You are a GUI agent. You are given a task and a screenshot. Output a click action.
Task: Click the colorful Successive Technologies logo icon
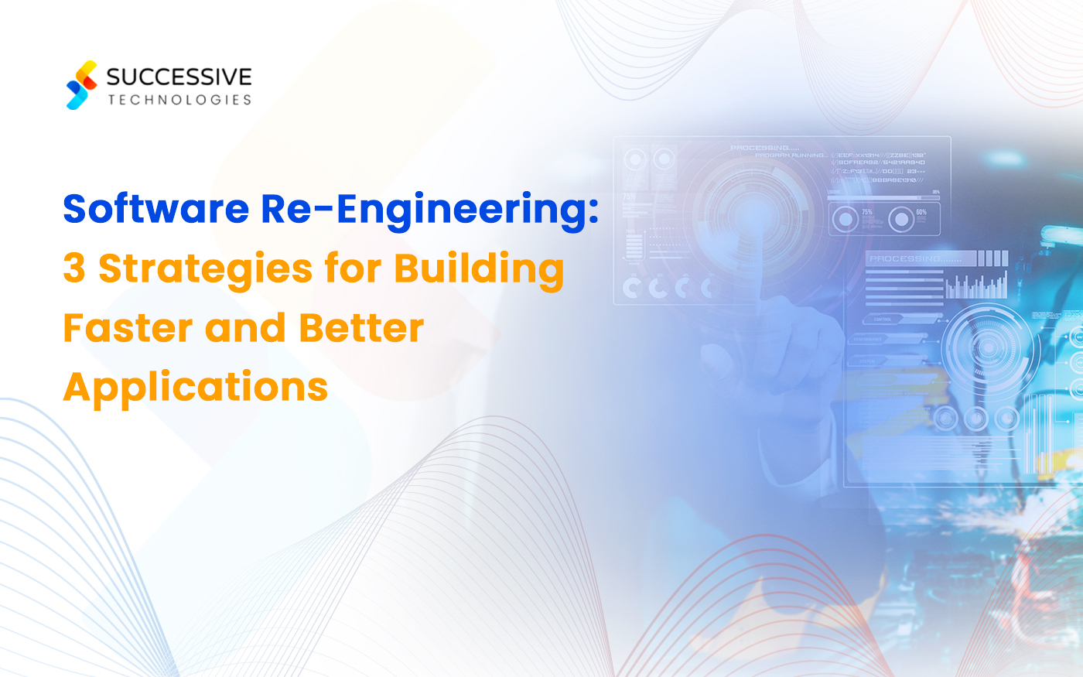point(82,85)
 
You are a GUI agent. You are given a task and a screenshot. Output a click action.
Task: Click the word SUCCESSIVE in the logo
point(179,77)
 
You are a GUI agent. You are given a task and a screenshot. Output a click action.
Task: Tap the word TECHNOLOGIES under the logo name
point(179,100)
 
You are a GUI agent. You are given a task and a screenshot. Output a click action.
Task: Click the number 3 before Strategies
point(74,268)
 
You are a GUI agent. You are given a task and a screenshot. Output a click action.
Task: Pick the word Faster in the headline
point(127,327)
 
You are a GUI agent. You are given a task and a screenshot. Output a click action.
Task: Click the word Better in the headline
point(361,327)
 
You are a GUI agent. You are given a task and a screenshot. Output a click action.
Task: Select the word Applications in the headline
point(196,387)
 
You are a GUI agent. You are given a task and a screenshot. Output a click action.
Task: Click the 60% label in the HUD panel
point(921,212)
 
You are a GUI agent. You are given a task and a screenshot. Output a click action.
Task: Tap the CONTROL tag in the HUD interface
point(883,319)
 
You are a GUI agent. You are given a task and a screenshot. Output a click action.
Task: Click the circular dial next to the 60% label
point(900,220)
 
